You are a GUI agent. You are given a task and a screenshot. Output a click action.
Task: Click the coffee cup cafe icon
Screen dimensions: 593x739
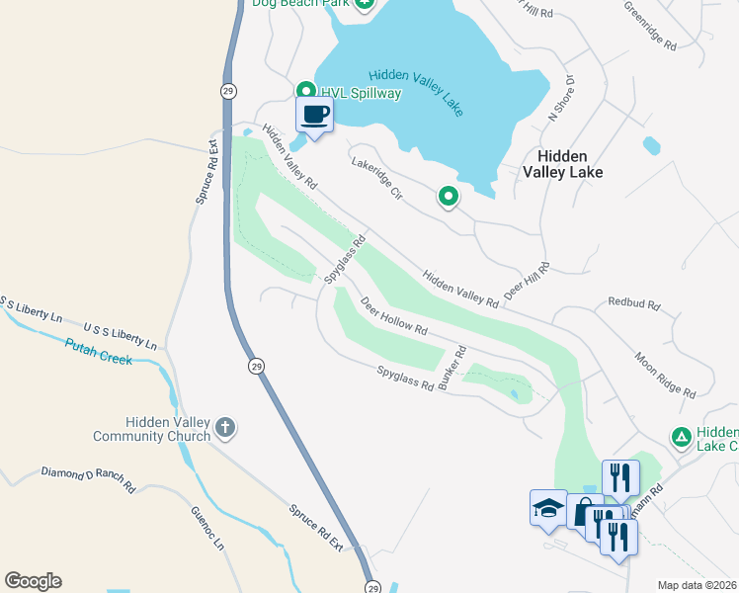tap(314, 114)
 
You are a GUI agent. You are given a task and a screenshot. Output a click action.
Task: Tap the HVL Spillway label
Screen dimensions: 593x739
tap(361, 93)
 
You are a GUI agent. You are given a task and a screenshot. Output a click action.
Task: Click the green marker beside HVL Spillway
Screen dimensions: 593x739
tap(306, 91)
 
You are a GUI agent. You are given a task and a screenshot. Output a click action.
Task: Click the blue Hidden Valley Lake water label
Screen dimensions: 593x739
tap(416, 91)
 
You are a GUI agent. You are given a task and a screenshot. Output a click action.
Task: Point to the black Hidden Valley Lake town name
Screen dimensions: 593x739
tap(562, 164)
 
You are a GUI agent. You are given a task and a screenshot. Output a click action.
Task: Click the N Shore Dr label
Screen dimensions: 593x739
tap(561, 100)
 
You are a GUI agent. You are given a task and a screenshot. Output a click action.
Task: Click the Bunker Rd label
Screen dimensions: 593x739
tap(452, 367)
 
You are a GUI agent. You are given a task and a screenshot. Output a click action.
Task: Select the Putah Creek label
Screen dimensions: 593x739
tap(98, 352)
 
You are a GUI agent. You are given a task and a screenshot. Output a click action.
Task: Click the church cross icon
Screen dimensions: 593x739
tap(225, 428)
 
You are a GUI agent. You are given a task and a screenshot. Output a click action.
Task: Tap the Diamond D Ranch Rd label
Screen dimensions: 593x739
tap(88, 479)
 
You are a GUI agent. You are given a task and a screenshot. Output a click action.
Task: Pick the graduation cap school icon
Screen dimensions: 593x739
tap(547, 507)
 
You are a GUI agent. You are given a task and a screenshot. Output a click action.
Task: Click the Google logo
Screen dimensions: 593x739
tap(33, 581)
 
